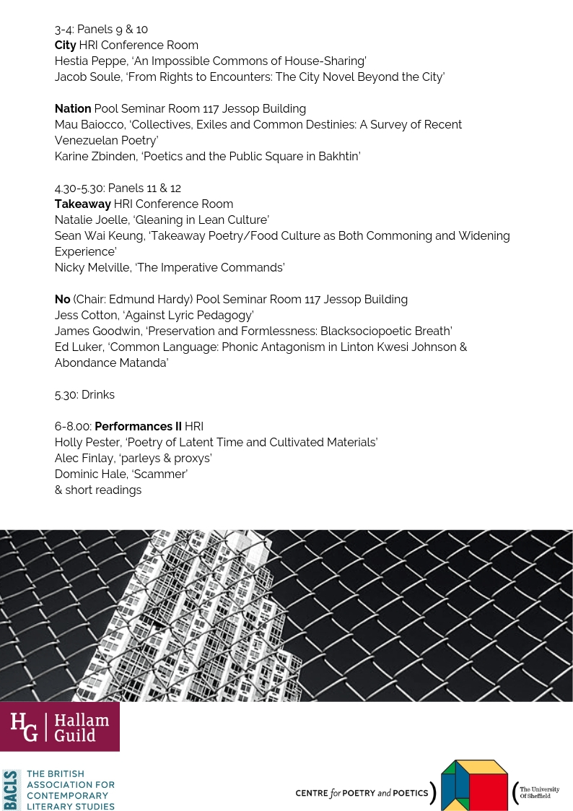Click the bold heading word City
65,45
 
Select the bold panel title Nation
73,108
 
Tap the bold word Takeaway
82,204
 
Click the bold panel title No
62,299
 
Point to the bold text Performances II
140,426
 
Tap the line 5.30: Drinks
84,394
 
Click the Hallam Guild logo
60,727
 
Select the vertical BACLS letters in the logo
12,790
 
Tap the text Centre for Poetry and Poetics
362,792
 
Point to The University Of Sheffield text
539,792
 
